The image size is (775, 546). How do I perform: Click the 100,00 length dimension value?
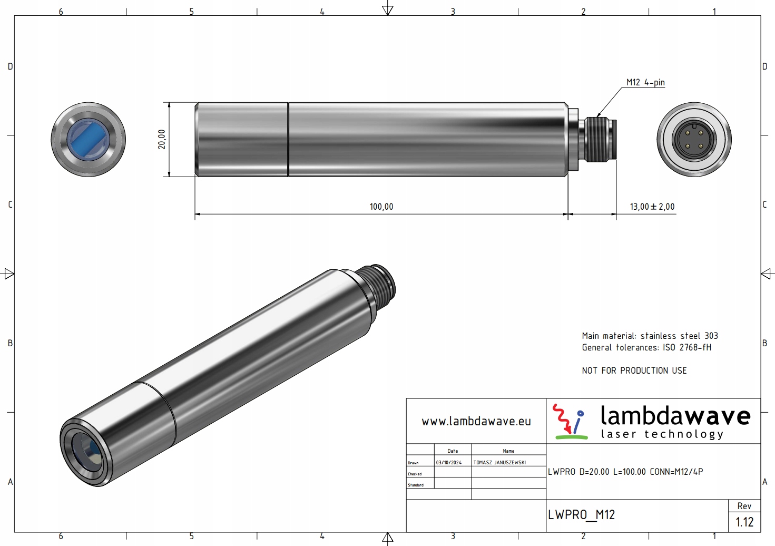tap(381, 207)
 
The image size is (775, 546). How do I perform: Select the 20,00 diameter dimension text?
tap(162, 139)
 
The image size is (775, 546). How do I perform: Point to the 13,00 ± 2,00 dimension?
tap(652, 207)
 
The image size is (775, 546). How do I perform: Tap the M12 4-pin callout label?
tap(645, 82)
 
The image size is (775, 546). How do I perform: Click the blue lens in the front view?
tap(88, 140)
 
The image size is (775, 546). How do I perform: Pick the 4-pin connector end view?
tap(694, 140)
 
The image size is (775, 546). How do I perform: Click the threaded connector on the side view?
tap(600, 140)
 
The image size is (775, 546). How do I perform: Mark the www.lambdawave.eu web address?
tap(476, 421)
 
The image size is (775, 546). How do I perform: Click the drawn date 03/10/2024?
tap(449, 463)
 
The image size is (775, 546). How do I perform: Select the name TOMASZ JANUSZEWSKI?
tap(499, 463)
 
